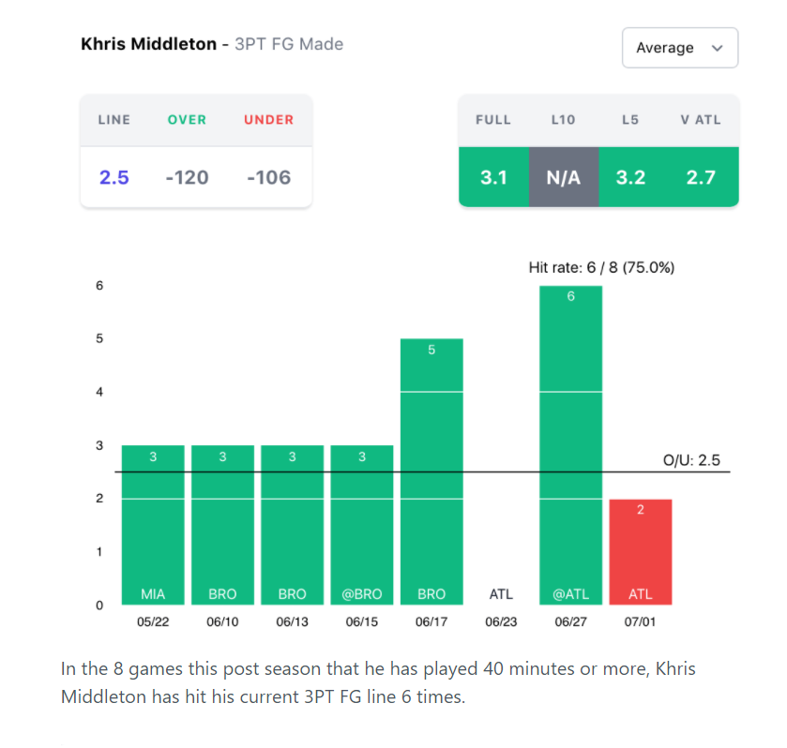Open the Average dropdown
[x=679, y=48]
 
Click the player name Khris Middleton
[x=148, y=44]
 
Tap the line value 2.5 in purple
[x=114, y=177]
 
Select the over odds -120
[x=187, y=177]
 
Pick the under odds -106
[x=268, y=177]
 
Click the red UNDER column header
[x=268, y=120]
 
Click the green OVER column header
[x=187, y=120]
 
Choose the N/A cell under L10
[x=563, y=177]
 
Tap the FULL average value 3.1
[x=493, y=177]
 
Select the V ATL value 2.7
[x=701, y=177]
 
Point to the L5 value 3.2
[x=630, y=177]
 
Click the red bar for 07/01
[x=640, y=552]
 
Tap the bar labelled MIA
[x=153, y=525]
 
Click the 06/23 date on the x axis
[x=501, y=622]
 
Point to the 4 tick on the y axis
[x=99, y=392]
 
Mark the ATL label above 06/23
[x=501, y=594]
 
